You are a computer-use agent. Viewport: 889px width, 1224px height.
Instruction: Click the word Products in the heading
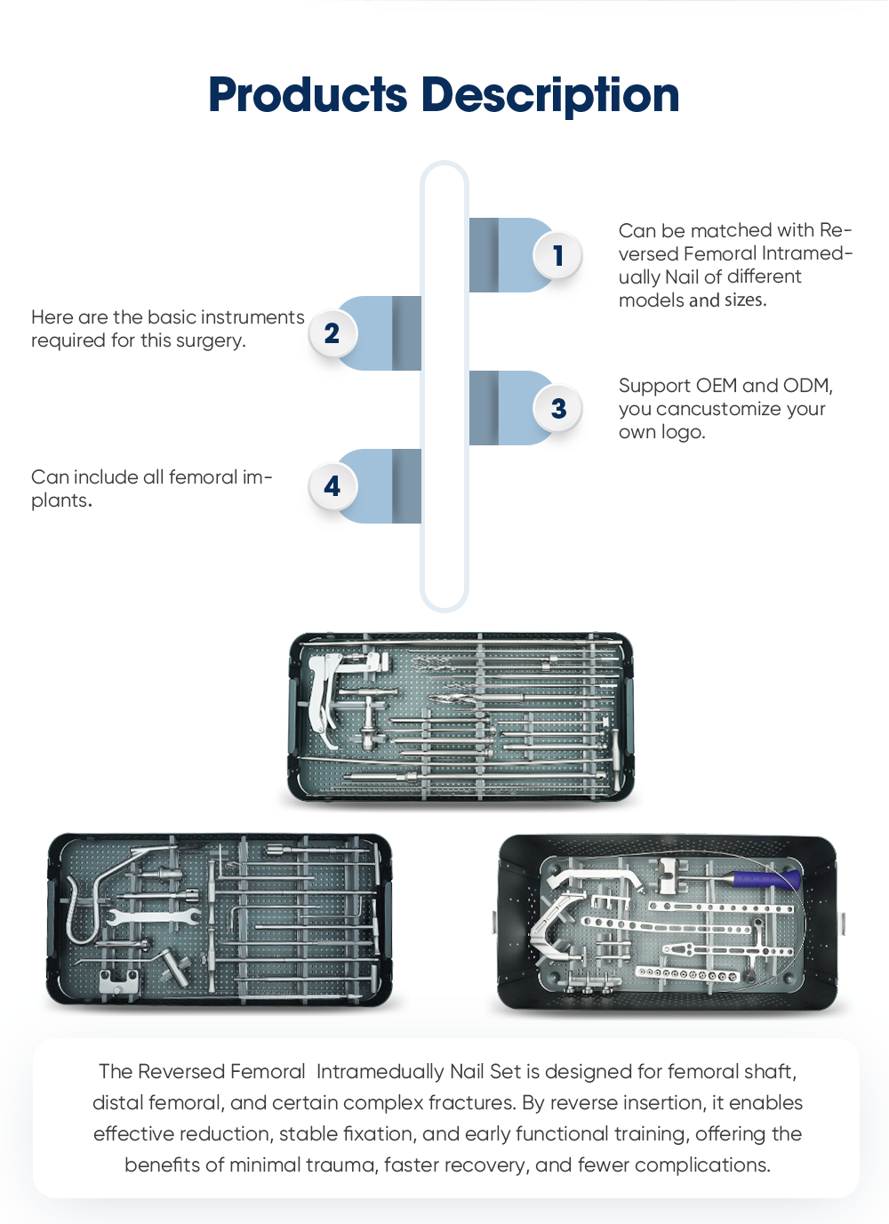(x=308, y=94)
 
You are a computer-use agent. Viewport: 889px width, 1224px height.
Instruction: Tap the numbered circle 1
(x=557, y=255)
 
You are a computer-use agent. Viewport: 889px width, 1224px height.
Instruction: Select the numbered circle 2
(x=332, y=333)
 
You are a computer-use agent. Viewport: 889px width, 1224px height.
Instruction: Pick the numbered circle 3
(x=557, y=408)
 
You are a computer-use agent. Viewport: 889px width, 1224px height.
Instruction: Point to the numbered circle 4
(x=332, y=486)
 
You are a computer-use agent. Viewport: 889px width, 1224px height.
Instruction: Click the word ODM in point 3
(x=807, y=386)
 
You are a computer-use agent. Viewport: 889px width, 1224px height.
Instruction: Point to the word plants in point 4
(x=61, y=501)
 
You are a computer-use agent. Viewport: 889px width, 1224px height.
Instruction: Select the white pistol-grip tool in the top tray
(x=323, y=697)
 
